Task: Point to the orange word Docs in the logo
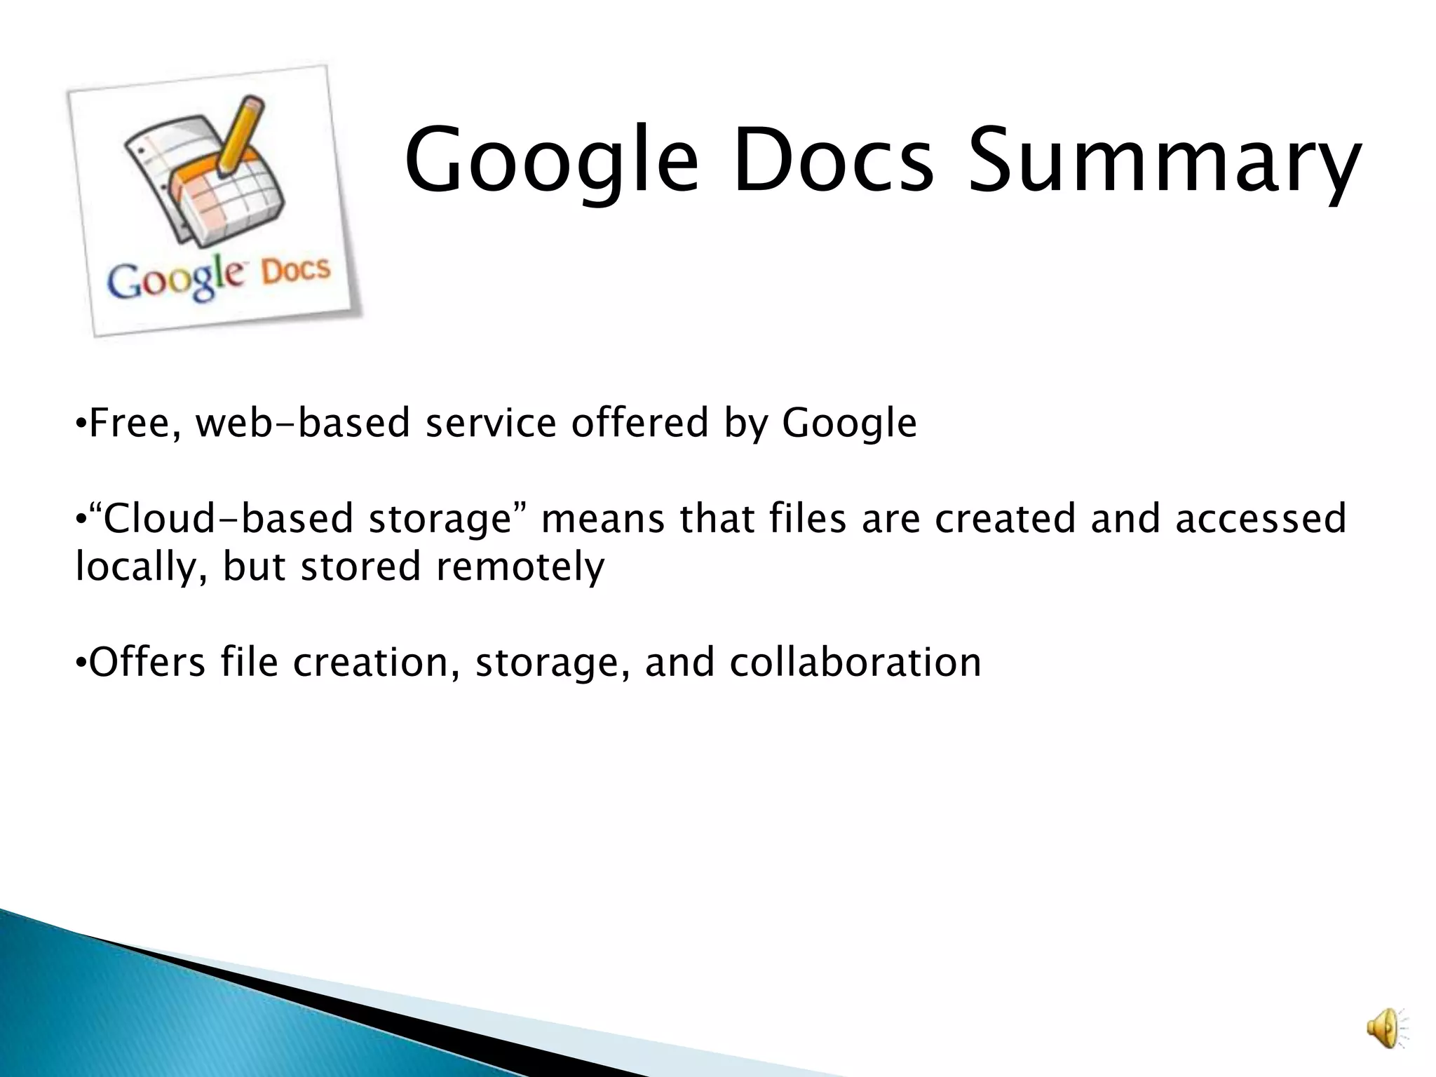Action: pos(295,270)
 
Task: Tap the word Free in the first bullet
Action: pos(133,423)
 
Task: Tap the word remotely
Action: pos(520,567)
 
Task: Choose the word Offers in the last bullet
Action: pos(147,662)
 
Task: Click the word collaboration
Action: pos(855,662)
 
